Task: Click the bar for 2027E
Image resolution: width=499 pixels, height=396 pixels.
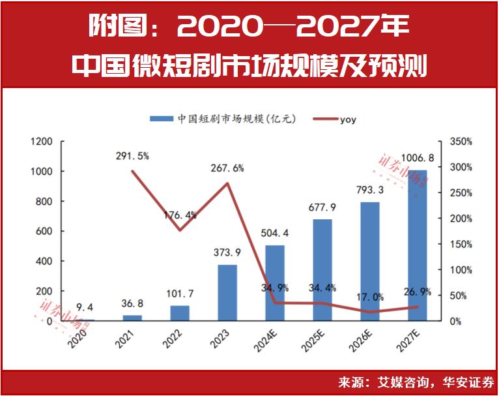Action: pyautogui.click(x=418, y=245)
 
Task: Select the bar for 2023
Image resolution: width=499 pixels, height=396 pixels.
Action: pyautogui.click(x=227, y=293)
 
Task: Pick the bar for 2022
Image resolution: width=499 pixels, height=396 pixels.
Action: pyautogui.click(x=180, y=313)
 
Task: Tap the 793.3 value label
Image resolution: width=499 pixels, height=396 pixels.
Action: pyautogui.click(x=370, y=191)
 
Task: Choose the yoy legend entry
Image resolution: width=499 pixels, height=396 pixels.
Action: pyautogui.click(x=348, y=119)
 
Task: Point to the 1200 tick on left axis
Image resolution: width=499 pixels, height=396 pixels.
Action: pyautogui.click(x=41, y=142)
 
